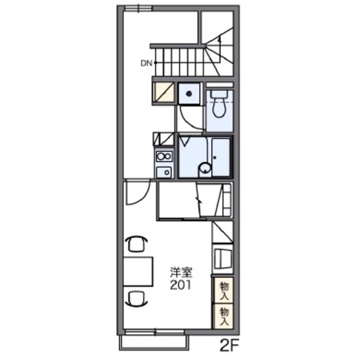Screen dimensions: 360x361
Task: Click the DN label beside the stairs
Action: click(x=146, y=63)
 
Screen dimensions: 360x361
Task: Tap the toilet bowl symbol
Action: click(x=219, y=108)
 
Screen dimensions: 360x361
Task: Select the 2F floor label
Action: click(x=230, y=345)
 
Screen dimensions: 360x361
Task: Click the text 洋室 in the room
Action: click(x=181, y=272)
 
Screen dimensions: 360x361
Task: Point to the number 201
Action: click(x=181, y=285)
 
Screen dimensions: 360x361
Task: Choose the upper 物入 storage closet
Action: click(x=224, y=290)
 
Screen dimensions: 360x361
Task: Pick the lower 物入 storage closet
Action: click(x=224, y=316)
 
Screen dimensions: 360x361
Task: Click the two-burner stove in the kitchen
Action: click(x=164, y=157)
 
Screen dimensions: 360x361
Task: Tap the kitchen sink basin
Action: click(x=164, y=172)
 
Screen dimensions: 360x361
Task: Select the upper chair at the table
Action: click(x=137, y=244)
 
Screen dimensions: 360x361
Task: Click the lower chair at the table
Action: click(x=137, y=299)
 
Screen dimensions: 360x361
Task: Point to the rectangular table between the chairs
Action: click(x=138, y=272)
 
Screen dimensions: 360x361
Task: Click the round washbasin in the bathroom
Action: click(x=205, y=168)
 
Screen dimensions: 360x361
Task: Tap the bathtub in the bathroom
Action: click(x=221, y=157)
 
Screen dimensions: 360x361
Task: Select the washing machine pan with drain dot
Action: click(x=189, y=94)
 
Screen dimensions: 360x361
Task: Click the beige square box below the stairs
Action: click(x=164, y=92)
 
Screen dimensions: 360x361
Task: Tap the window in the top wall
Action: click(x=138, y=8)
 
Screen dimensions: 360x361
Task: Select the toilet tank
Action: click(x=219, y=94)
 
